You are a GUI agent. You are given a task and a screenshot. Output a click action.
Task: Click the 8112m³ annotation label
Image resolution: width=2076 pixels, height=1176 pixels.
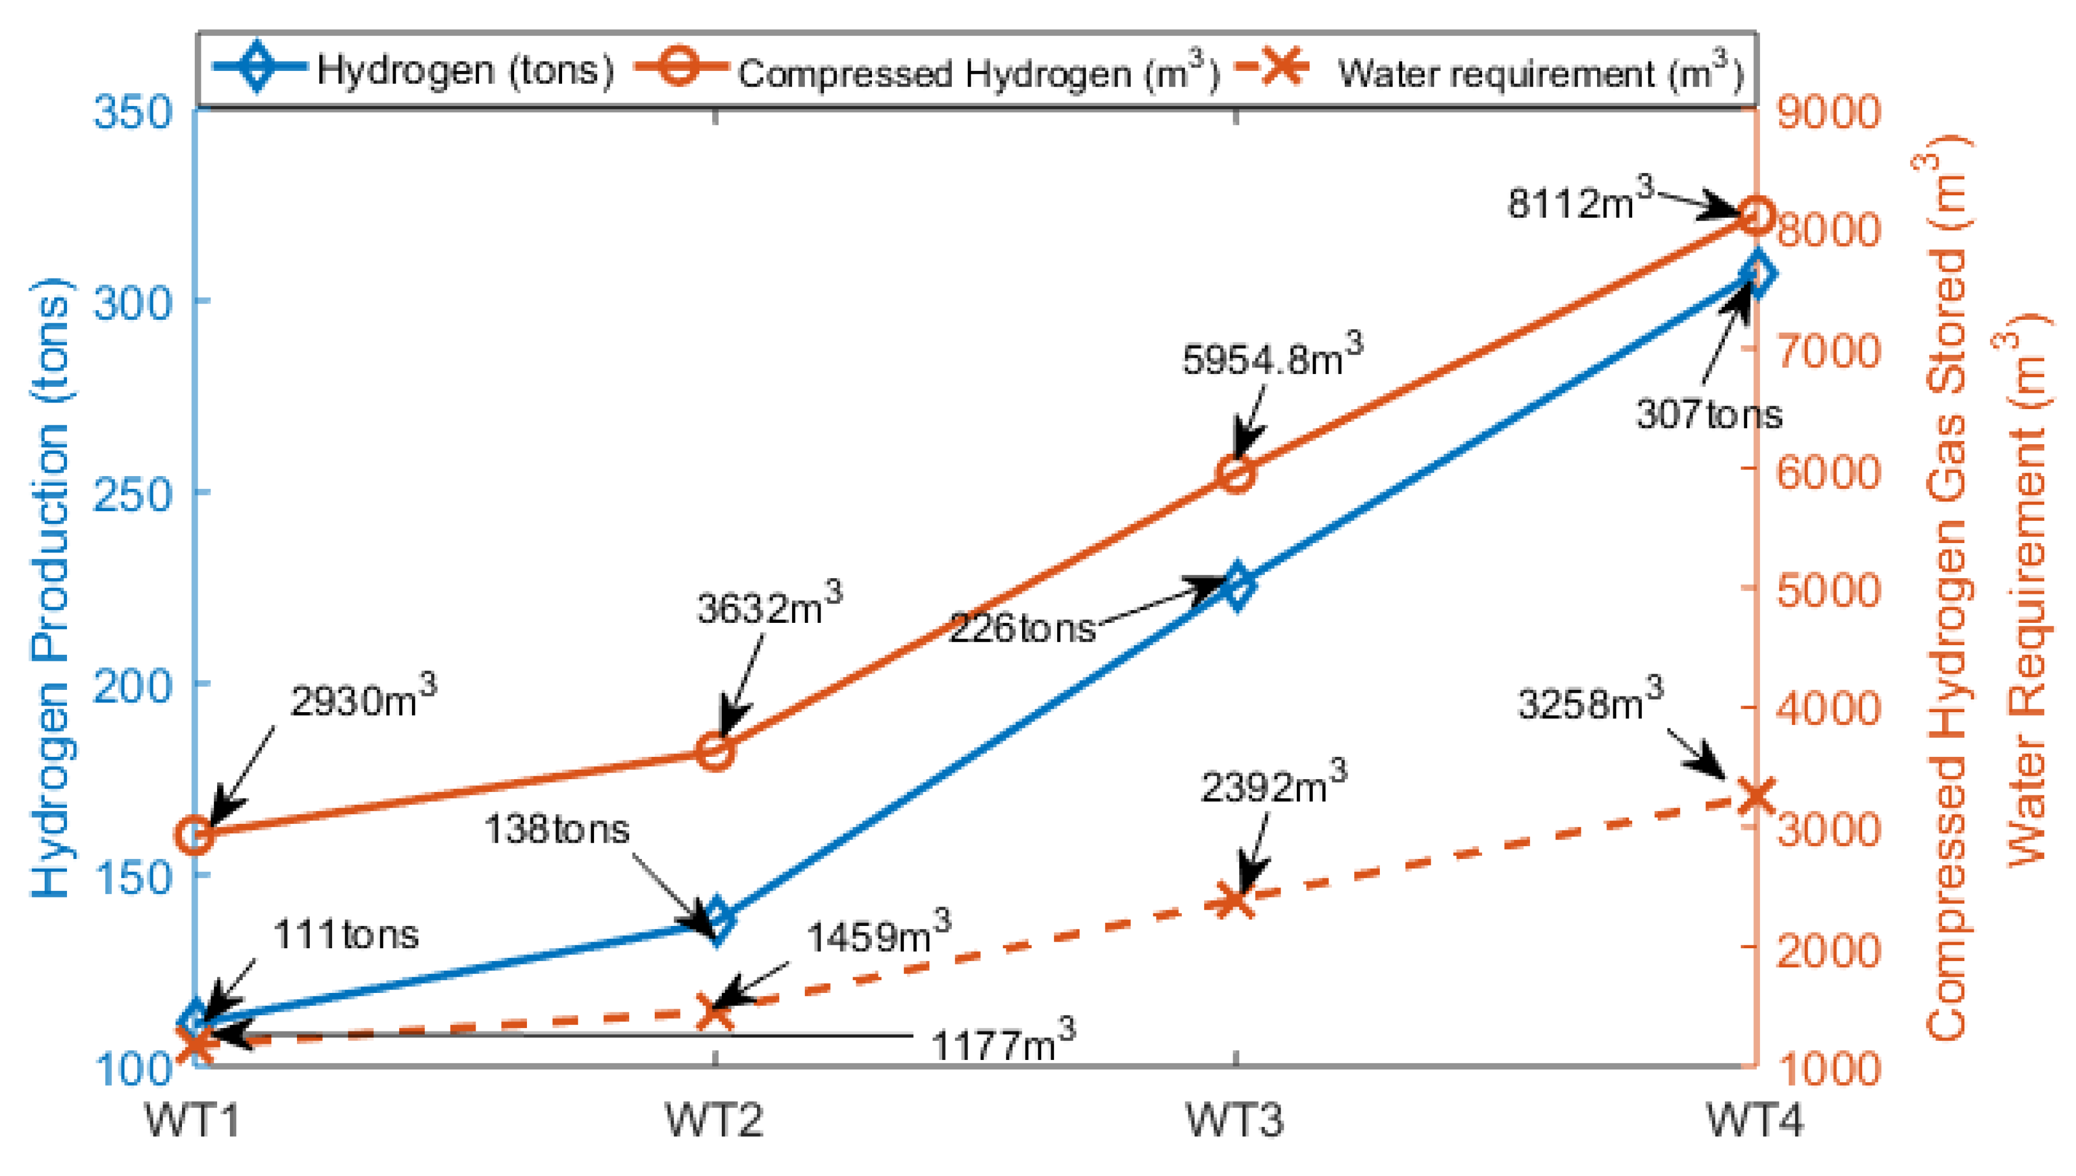[1579, 201]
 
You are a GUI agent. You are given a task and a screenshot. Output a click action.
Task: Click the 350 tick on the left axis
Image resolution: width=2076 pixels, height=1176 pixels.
[133, 112]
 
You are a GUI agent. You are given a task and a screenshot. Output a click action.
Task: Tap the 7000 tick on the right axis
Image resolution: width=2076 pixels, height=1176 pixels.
[1827, 351]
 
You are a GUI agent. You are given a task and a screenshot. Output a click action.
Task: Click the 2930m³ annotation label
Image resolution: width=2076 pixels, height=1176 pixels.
[362, 699]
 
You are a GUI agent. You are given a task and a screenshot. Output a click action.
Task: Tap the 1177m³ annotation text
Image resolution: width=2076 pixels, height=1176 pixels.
[1001, 1044]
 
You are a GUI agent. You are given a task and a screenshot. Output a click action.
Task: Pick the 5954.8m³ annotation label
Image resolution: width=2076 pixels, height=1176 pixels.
[1270, 358]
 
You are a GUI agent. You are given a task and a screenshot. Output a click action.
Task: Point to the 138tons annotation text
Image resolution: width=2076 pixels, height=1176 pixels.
[556, 829]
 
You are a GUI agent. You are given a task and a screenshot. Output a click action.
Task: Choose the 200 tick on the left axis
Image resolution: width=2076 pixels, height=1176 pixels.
[133, 685]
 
